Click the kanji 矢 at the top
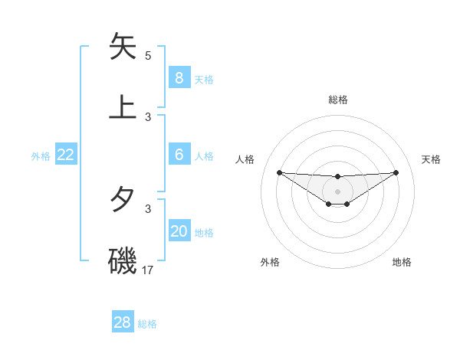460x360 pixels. click(123, 47)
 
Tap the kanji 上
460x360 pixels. click(123, 107)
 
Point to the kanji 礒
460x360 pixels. click(123, 260)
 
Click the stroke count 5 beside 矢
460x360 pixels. click(148, 56)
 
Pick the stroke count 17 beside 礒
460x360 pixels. click(149, 270)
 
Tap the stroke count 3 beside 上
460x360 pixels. click(148, 117)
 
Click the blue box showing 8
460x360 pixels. click(179, 77)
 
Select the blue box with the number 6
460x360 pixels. click(179, 155)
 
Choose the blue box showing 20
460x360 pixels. click(179, 231)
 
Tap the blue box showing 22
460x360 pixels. click(65, 155)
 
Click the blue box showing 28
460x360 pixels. click(122, 322)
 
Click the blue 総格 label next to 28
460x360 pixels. click(147, 324)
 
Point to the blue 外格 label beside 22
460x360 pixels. click(41, 156)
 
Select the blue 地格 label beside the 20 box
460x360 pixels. click(204, 233)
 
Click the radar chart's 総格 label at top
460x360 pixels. click(338, 100)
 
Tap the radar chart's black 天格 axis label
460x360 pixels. click(432, 159)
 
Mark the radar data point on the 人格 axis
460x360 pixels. click(279, 172)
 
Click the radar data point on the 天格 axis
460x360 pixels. click(396, 172)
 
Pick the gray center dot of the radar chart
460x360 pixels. click(338, 191)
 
